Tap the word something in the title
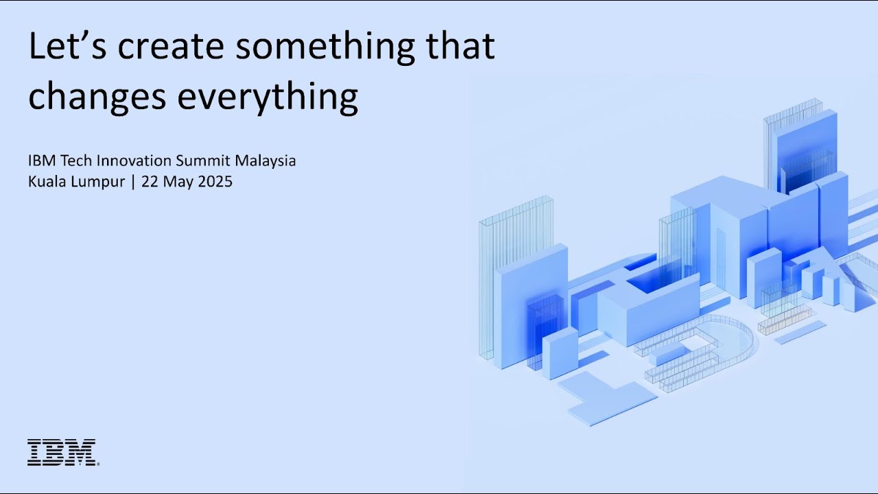[325, 49]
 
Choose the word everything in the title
[268, 98]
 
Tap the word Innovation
[134, 161]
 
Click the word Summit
[203, 161]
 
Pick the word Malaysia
[265, 161]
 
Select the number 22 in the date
[150, 182]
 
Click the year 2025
[215, 182]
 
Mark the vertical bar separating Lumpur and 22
[133, 183]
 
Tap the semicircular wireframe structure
[745, 333]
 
